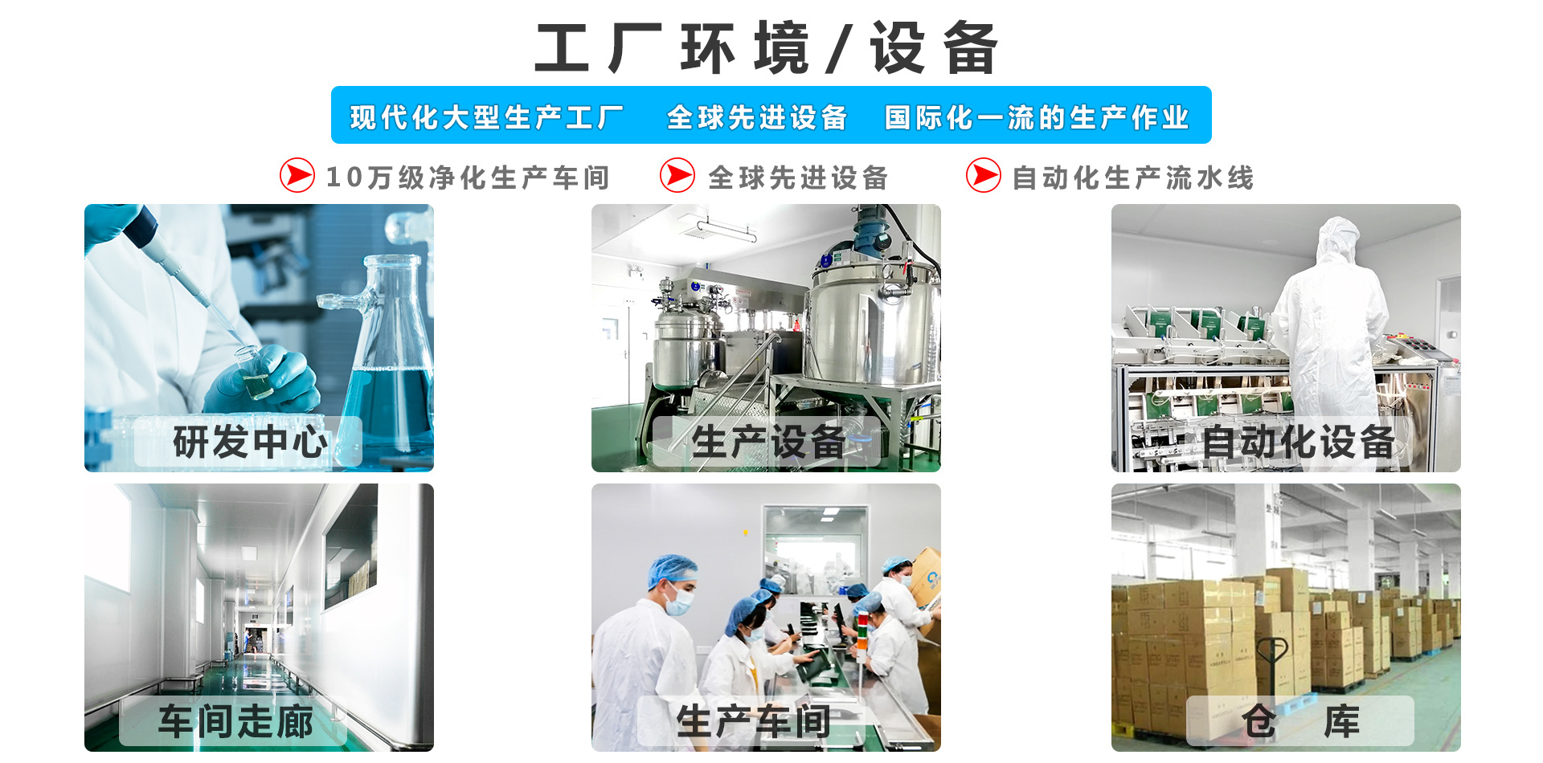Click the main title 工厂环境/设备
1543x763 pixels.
[767, 48]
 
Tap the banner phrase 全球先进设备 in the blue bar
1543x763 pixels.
[757, 117]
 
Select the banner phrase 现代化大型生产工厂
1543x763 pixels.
[487, 117]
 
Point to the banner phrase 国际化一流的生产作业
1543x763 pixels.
[1037, 117]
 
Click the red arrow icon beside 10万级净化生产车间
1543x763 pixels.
[297, 175]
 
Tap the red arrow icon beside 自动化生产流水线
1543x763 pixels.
[984, 175]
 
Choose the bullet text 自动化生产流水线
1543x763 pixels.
[1132, 177]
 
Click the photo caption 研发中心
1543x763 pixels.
[250, 442]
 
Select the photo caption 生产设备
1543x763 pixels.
[768, 442]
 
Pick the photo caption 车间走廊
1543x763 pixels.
[235, 720]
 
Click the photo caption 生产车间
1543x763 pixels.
[753, 720]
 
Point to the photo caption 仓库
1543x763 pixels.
[1300, 720]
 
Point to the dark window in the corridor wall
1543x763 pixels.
[350, 546]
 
